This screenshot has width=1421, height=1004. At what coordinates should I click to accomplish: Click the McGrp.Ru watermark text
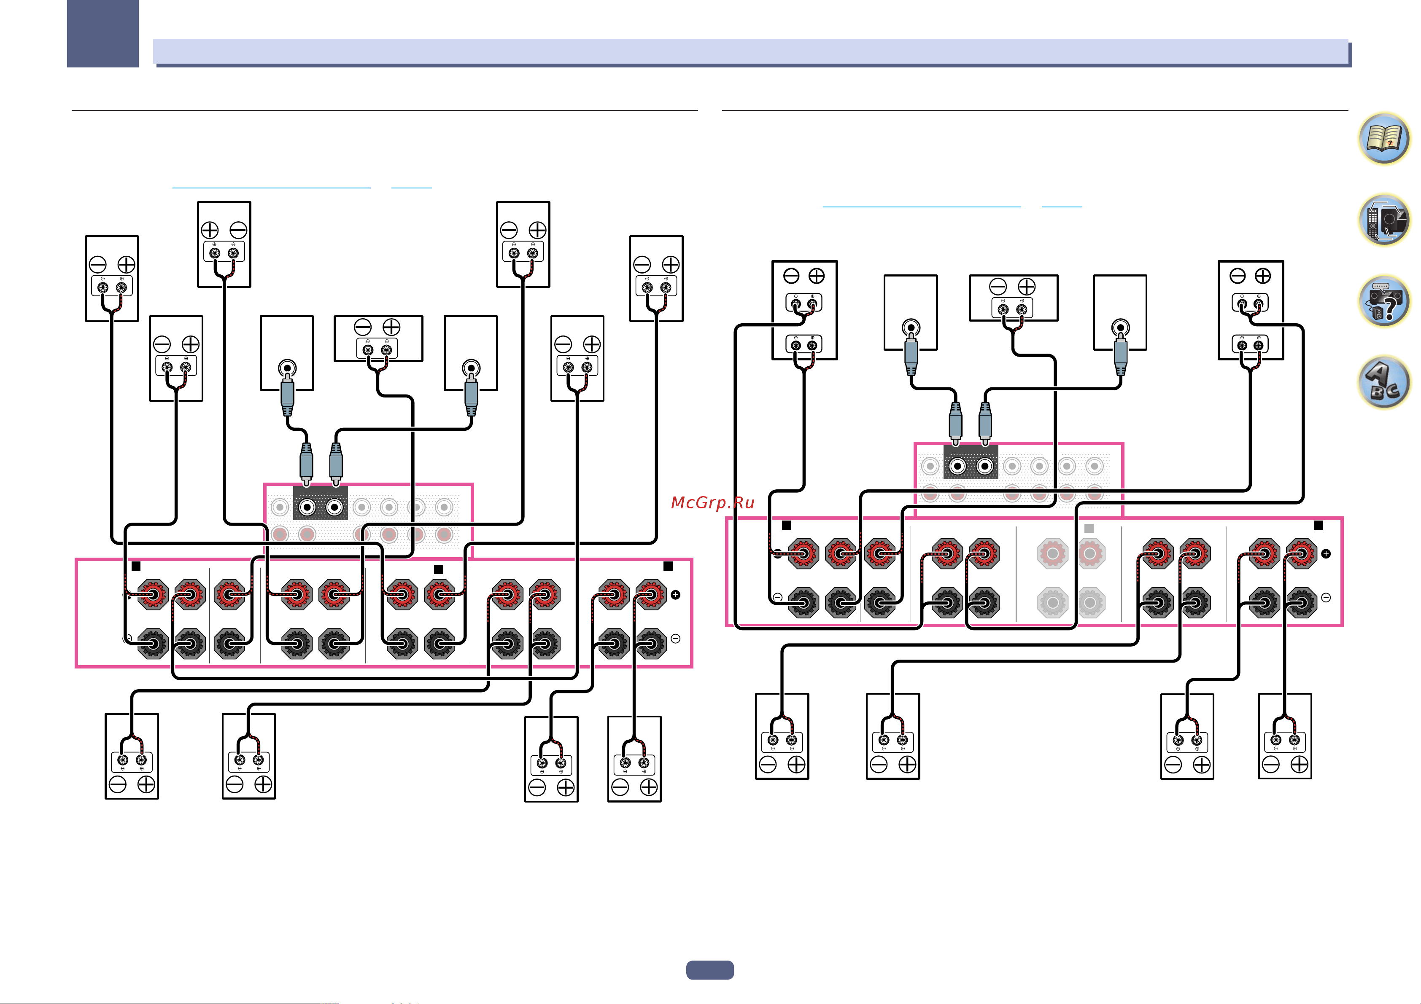click(712, 502)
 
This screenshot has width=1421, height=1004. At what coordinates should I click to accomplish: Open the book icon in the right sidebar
click(1384, 139)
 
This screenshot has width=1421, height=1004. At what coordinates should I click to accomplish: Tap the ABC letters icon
click(1384, 382)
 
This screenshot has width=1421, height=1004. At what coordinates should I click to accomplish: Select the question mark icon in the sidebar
click(1384, 301)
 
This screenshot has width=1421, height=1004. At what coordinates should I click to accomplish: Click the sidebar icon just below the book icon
click(1384, 220)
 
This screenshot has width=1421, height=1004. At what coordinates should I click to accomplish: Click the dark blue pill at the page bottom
click(710, 970)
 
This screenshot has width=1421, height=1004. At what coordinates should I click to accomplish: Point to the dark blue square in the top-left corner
click(103, 33)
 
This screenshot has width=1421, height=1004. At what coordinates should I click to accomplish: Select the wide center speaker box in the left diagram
click(378, 338)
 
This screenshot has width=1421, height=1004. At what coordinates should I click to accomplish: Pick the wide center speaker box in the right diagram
click(1013, 298)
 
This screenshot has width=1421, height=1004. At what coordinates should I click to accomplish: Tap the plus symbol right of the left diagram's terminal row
click(676, 594)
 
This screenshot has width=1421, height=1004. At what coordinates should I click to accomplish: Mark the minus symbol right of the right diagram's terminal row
click(1326, 598)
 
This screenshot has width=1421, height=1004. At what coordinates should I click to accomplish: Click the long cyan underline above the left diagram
click(271, 187)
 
